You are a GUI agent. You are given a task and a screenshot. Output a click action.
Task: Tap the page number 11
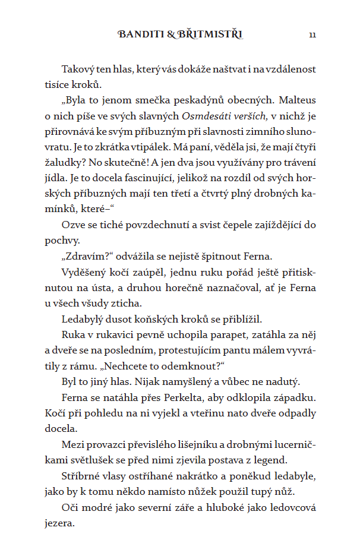(x=312, y=35)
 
